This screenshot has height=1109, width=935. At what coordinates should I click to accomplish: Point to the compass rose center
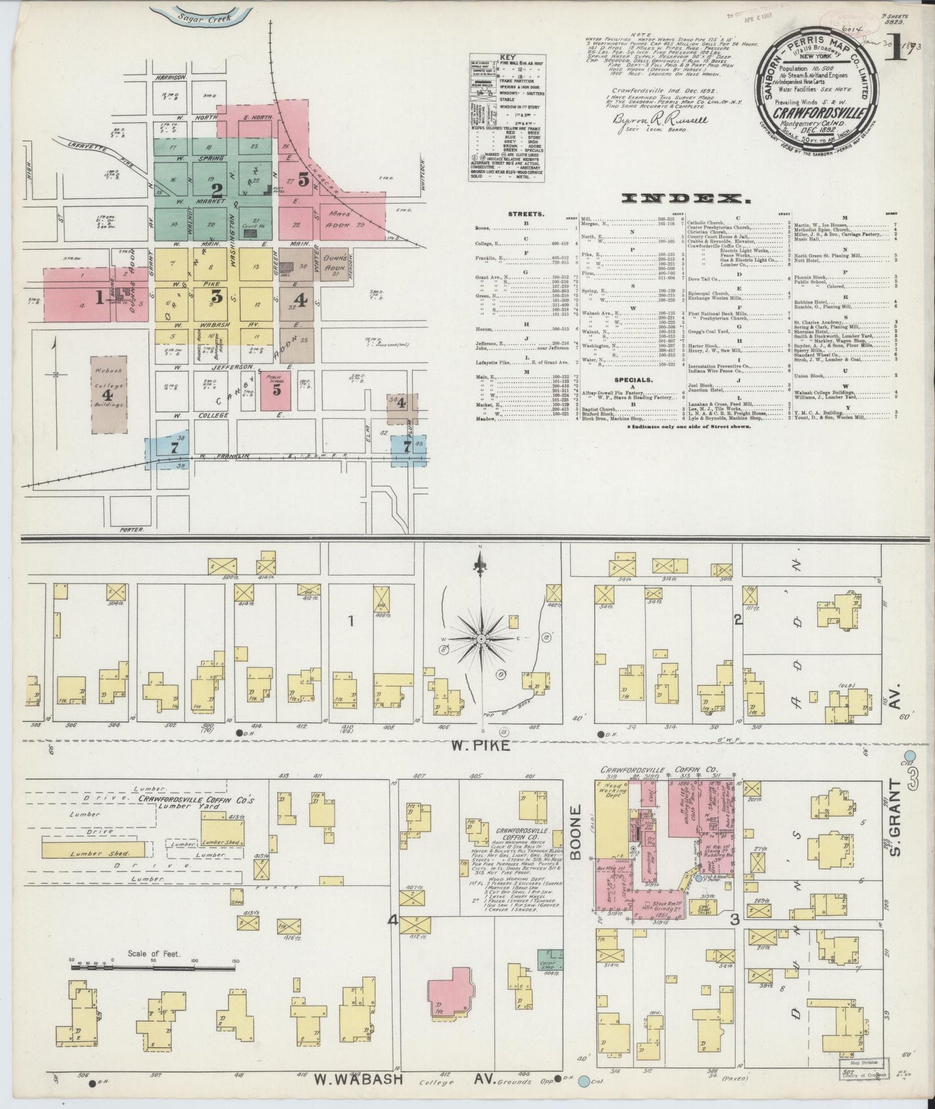click(481, 639)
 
